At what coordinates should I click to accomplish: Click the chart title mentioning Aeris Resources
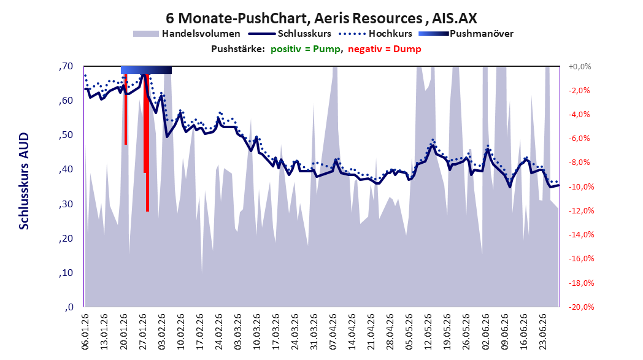coord(321,18)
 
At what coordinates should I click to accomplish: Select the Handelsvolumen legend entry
coord(187,34)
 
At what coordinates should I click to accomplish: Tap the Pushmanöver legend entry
coord(466,34)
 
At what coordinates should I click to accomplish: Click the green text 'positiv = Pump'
coord(306,49)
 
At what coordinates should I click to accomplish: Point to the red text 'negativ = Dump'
coord(384,49)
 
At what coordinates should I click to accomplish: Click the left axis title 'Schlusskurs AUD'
coord(24,181)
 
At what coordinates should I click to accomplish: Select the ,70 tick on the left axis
coord(66,66)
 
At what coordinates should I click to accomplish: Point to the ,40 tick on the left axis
coord(66,169)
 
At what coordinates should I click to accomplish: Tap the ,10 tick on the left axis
coord(66,273)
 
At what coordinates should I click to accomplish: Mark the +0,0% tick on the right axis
coord(579,66)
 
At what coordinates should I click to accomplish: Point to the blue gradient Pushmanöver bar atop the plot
coord(146,70)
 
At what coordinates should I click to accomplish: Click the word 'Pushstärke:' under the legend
coord(238,49)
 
